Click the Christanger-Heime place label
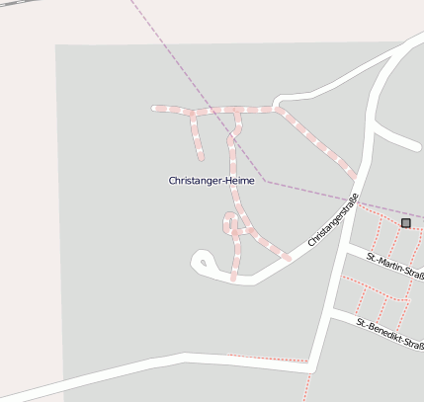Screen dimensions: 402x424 212,181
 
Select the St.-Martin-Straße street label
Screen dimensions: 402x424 394,264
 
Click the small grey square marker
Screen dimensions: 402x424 405,223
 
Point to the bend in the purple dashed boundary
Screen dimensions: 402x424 264,181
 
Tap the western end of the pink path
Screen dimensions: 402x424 153,107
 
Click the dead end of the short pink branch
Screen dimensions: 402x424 201,157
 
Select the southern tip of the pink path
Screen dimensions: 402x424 233,279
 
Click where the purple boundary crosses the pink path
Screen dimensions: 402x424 212,111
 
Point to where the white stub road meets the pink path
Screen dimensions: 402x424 277,108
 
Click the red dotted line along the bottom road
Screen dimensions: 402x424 267,357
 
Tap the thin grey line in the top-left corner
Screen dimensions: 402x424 10,5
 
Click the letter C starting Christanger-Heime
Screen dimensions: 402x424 173,181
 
